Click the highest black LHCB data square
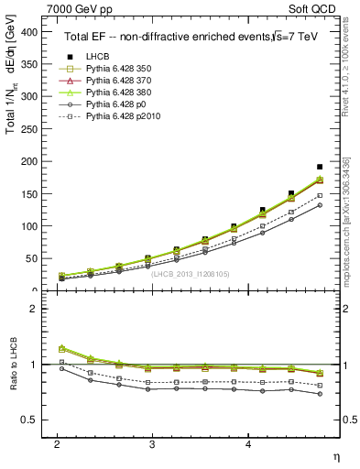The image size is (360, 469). point(320,167)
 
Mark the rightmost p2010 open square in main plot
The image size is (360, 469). point(320,195)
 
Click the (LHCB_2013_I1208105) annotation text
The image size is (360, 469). point(191,273)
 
